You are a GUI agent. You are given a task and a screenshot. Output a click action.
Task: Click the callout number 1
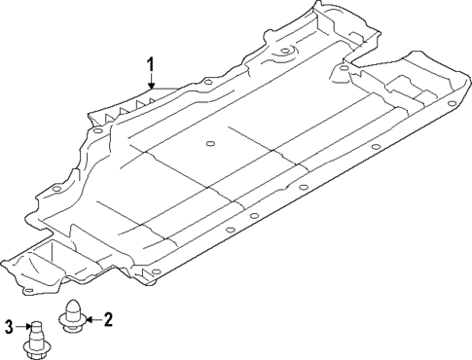(x=151, y=65)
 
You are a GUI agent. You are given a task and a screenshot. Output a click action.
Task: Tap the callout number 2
(x=109, y=317)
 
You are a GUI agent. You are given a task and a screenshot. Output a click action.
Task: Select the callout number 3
(x=8, y=327)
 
